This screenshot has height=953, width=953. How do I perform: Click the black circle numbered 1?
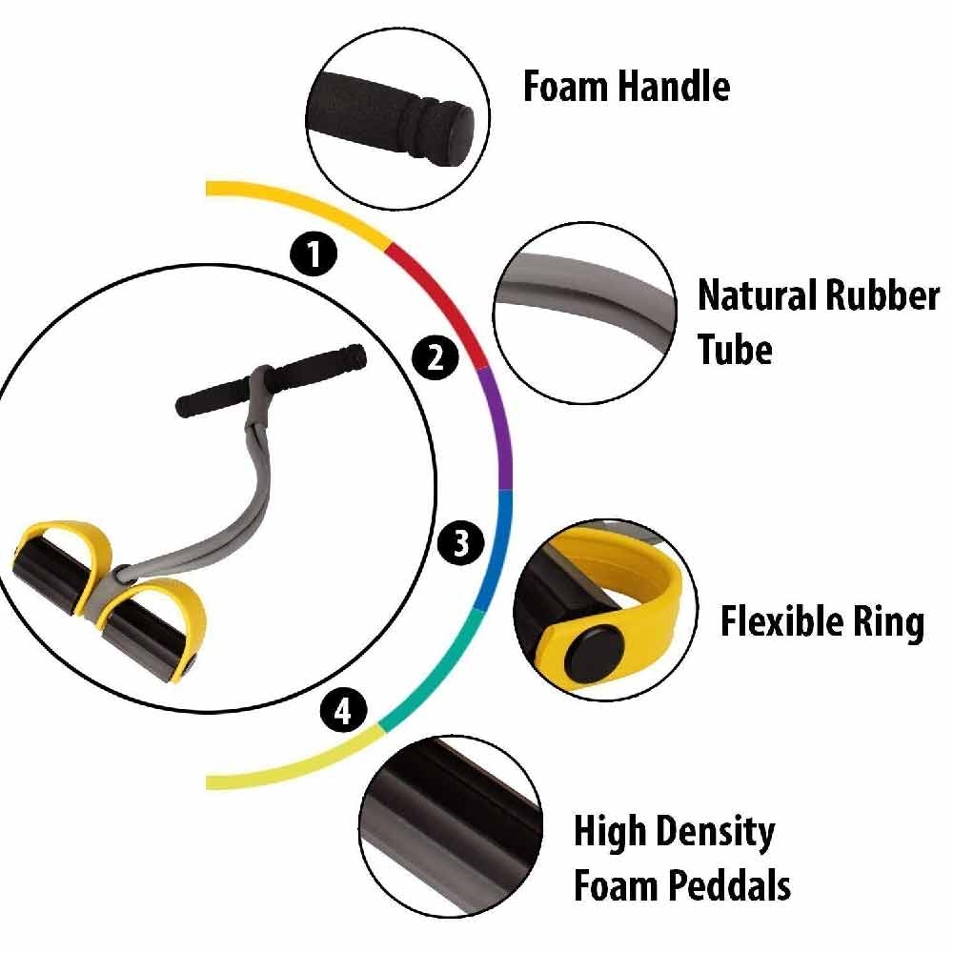pos(314,253)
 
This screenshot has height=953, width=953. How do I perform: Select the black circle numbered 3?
pos(461,541)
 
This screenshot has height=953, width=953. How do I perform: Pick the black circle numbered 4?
pos(343,710)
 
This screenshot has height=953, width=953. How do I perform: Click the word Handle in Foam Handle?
pos(674,86)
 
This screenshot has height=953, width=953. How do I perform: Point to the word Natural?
pos(756,295)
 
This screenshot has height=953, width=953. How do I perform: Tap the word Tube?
pos(736,350)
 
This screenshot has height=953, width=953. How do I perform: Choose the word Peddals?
pos(729,885)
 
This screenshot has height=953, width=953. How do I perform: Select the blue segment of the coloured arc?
pos(497,550)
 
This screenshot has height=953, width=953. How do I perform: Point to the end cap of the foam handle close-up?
pos(457,132)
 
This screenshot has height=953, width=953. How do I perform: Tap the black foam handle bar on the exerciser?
pos(271,380)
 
